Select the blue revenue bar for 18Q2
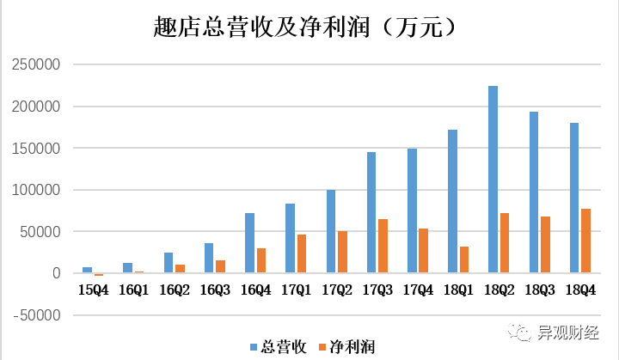click(x=493, y=180)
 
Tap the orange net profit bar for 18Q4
click(x=585, y=241)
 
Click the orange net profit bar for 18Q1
click(x=464, y=259)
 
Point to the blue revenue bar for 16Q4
click(x=249, y=243)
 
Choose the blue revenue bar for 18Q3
click(x=534, y=192)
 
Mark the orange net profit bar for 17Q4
click(x=423, y=251)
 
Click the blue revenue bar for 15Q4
click(x=87, y=270)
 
